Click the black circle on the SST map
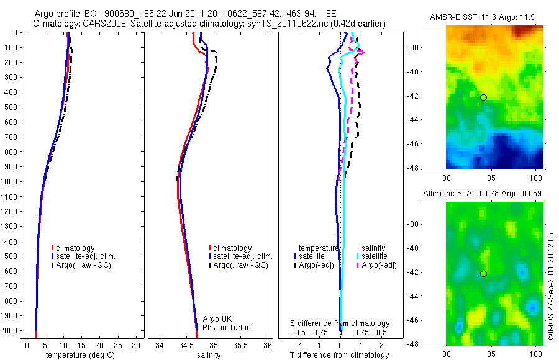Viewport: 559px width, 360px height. pos(483,97)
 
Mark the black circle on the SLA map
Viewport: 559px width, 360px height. pos(483,274)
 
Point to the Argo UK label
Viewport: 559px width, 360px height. pos(217,319)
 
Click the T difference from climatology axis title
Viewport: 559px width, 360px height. pos(340,355)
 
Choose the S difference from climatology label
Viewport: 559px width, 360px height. pos(340,323)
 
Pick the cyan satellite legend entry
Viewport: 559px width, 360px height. pos(375,256)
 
